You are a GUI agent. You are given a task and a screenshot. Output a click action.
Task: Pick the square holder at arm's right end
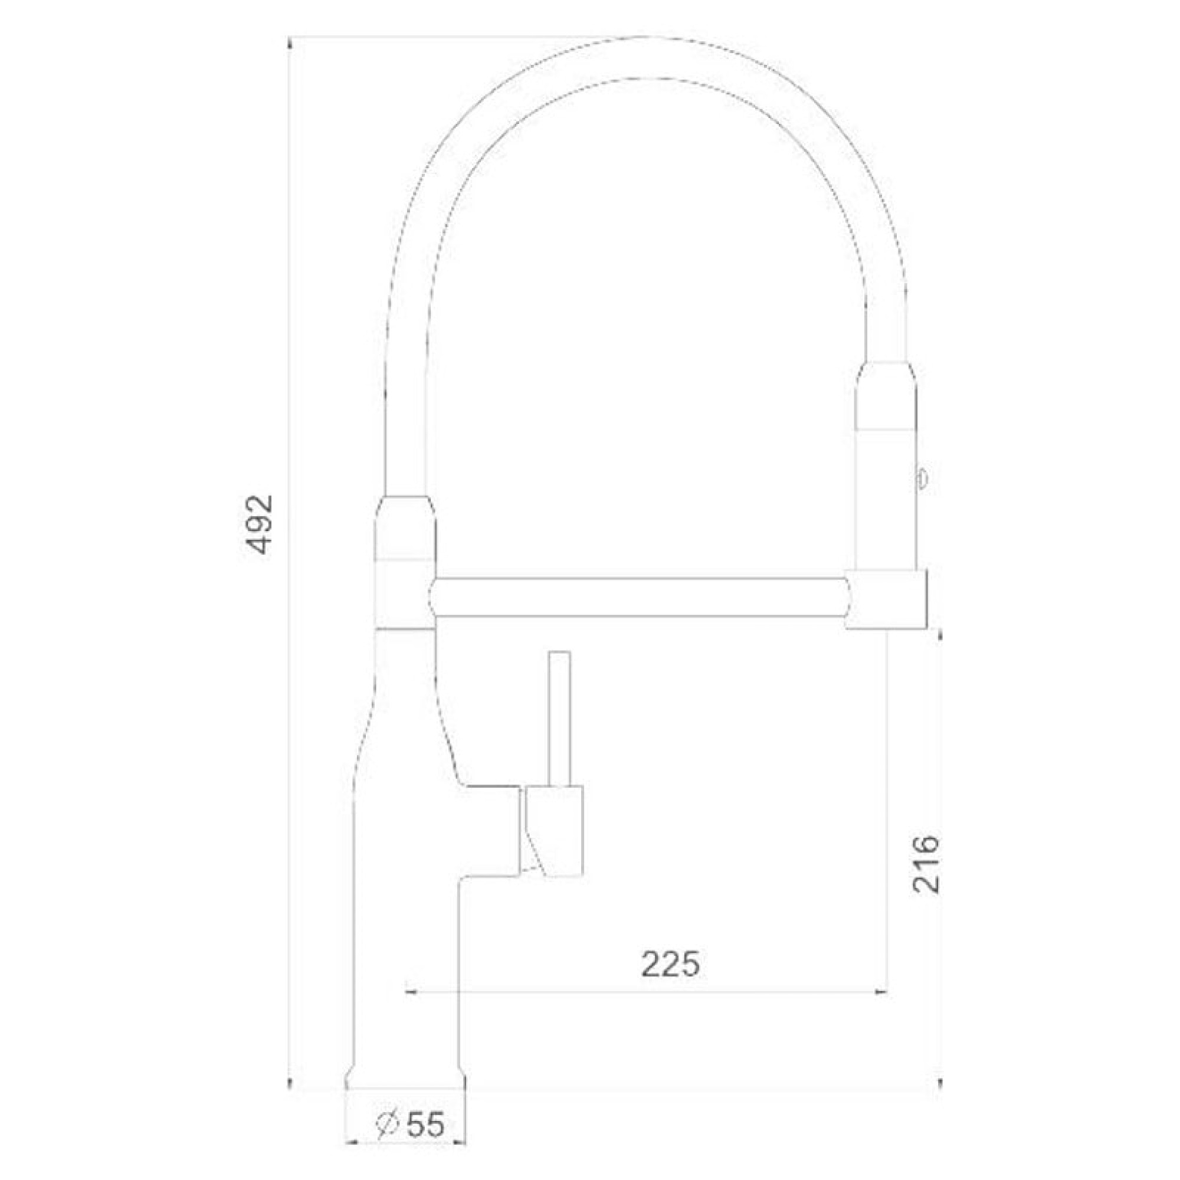click(886, 599)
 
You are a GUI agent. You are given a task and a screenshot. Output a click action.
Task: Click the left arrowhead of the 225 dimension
click(411, 993)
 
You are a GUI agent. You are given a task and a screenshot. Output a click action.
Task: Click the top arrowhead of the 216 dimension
click(940, 636)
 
